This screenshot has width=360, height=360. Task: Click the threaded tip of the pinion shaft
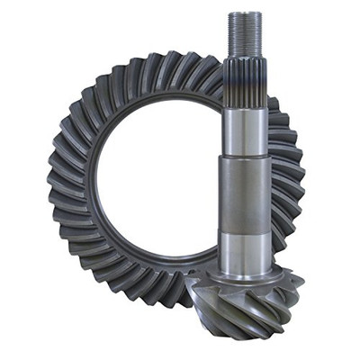[x=246, y=36]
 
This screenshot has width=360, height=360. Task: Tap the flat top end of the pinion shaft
[x=246, y=13]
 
